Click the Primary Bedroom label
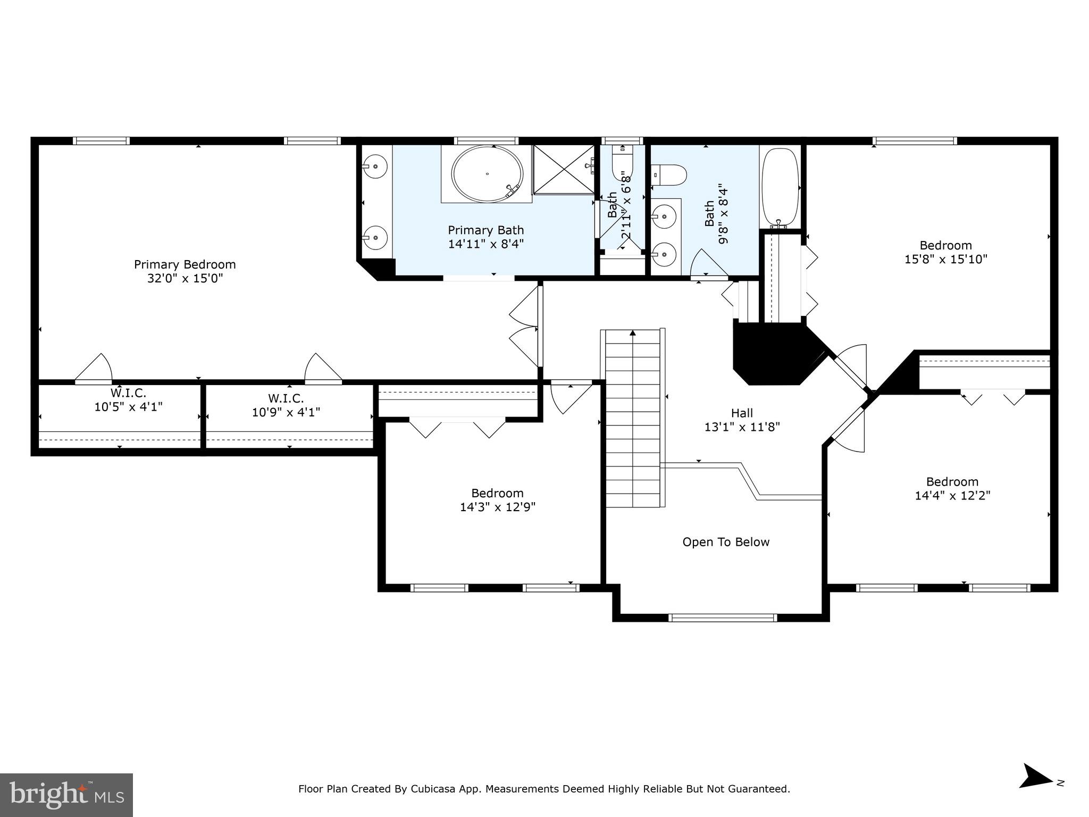point(185,264)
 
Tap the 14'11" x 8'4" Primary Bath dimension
point(485,244)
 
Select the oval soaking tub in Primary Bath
point(487,173)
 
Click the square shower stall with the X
point(563,169)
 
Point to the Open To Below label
point(726,542)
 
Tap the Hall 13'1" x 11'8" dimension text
point(742,427)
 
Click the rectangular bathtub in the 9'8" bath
point(780,187)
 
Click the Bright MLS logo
point(66,795)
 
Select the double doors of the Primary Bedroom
point(525,326)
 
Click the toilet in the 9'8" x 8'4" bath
point(670,174)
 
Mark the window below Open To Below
point(722,618)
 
